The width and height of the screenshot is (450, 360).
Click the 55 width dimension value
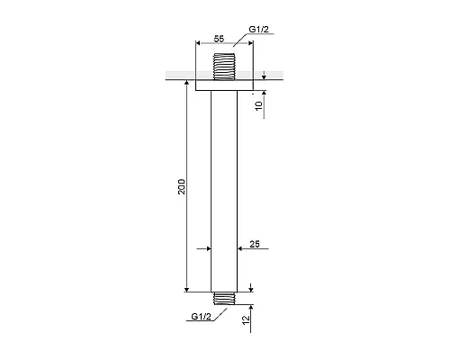click(219, 39)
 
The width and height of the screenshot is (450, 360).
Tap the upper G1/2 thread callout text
click(259, 30)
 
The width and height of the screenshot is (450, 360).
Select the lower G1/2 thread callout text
click(202, 317)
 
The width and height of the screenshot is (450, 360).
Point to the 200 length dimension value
click(182, 186)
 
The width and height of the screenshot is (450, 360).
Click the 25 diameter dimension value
click(255, 244)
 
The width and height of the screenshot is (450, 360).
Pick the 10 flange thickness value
click(258, 105)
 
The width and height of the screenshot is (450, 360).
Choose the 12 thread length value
click(246, 319)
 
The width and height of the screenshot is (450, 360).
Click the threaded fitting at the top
click(224, 67)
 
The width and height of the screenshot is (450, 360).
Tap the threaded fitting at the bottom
click(224, 299)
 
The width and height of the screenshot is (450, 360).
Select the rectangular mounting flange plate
click(224, 85)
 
